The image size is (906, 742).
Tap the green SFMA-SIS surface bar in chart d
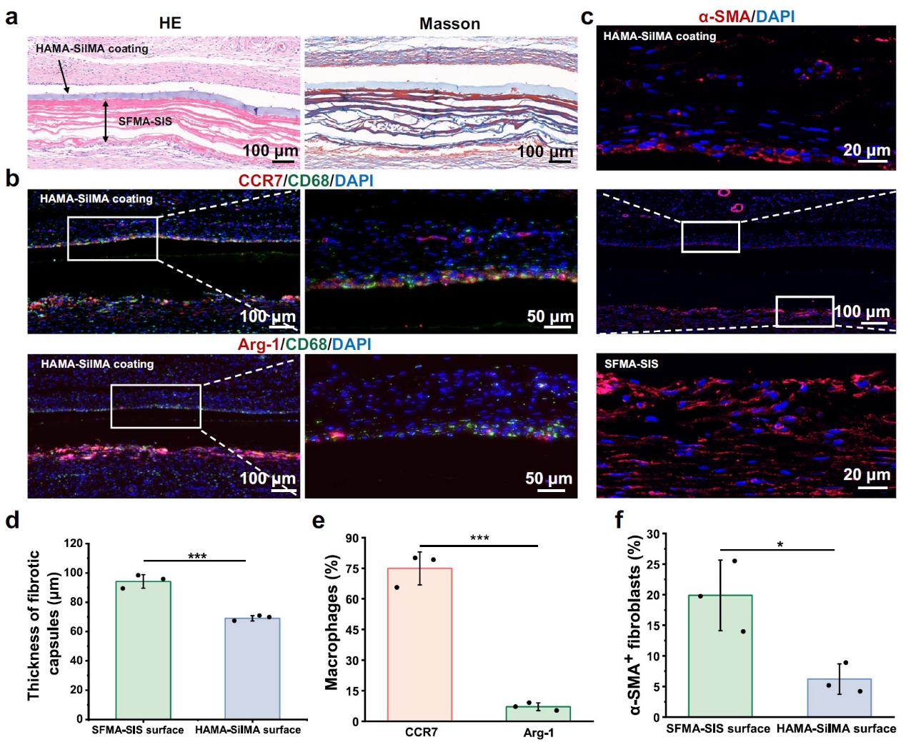pyautogui.click(x=143, y=650)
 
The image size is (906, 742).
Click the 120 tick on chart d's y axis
pyautogui.click(x=74, y=543)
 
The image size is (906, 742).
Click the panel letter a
pyautogui.click(x=11, y=16)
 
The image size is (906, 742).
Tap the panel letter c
pyautogui.click(x=587, y=16)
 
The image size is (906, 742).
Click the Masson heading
pyautogui.click(x=449, y=24)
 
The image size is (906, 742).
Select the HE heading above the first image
pyautogui.click(x=170, y=24)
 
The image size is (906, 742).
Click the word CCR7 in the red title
pyautogui.click(x=260, y=181)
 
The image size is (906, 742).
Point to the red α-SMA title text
pyautogui.click(x=724, y=16)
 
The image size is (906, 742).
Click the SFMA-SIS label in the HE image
pyautogui.click(x=145, y=121)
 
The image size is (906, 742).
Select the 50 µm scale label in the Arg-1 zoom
pyautogui.click(x=549, y=478)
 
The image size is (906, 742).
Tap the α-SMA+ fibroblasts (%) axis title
pyautogui.click(x=635, y=625)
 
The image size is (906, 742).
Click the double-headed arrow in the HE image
pyautogui.click(x=106, y=121)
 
